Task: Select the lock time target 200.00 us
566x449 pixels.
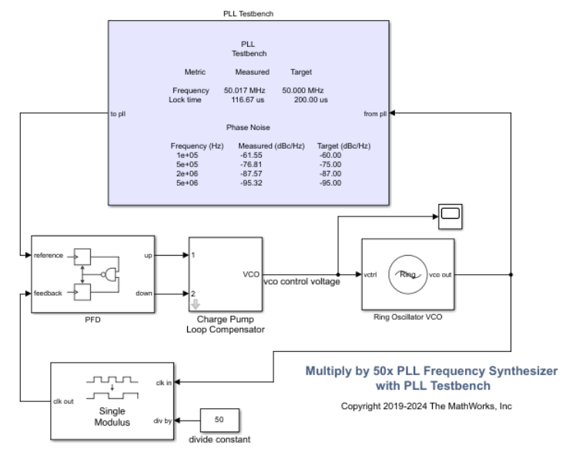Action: pos(306,99)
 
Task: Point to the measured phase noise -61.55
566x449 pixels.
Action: pos(251,155)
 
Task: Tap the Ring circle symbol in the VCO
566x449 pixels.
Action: pos(408,273)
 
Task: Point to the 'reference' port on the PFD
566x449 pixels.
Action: pos(49,253)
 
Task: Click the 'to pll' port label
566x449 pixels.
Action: pos(119,113)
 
